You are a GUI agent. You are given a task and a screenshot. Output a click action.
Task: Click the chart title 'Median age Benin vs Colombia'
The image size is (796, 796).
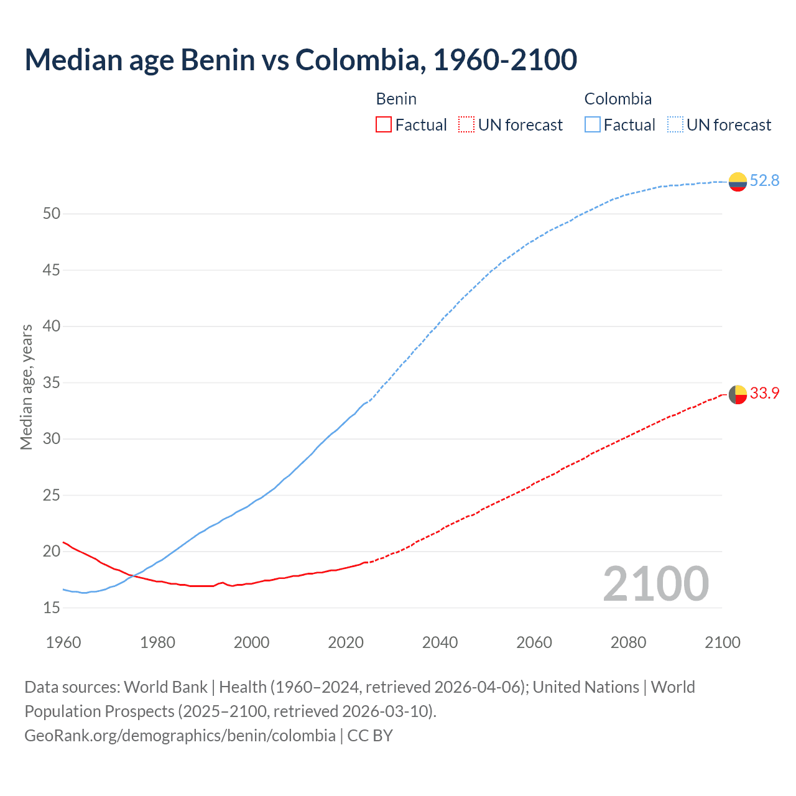pos(300,60)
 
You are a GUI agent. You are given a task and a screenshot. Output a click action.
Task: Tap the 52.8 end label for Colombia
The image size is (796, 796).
pos(764,181)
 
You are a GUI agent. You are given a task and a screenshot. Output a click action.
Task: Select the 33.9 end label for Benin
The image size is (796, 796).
pos(764,394)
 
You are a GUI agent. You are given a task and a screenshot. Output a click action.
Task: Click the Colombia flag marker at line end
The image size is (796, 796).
pos(738,182)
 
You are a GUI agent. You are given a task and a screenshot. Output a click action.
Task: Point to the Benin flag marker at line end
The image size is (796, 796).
pos(738,394)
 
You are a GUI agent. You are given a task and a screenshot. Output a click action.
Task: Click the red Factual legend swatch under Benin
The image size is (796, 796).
pos(384,125)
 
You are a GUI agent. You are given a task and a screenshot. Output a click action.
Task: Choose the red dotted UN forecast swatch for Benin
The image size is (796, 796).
pos(466,125)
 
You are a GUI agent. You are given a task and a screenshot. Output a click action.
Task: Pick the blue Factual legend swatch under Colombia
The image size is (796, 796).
pos(593,125)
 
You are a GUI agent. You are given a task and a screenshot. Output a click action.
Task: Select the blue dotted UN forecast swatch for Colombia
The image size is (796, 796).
pos(675,125)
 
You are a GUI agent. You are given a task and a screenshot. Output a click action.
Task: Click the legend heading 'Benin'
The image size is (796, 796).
pos(396,99)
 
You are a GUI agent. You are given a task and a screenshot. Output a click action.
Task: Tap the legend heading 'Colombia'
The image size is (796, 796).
pos(618,99)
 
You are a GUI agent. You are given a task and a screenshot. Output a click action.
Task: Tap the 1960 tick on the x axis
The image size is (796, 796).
pos(63,642)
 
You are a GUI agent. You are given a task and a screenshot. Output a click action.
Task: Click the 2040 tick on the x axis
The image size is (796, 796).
pos(440,642)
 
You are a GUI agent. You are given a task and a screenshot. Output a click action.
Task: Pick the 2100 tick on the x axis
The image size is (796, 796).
pos(722,642)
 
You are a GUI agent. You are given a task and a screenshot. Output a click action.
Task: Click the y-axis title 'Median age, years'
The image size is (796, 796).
pos(26,387)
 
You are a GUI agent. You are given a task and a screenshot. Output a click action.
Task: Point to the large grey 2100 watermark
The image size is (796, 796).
pos(655,584)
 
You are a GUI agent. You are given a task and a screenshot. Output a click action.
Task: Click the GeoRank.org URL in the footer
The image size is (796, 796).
pos(180,736)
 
